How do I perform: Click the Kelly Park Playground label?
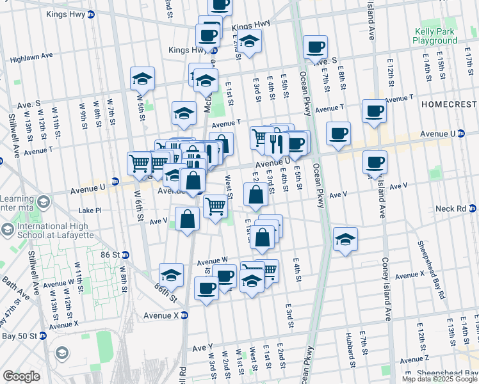click(435, 36)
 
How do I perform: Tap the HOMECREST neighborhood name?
click(449, 103)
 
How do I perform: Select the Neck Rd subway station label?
click(453, 209)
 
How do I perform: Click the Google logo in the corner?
click(21, 376)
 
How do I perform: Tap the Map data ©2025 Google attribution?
click(439, 379)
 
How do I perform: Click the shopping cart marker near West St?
click(216, 206)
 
